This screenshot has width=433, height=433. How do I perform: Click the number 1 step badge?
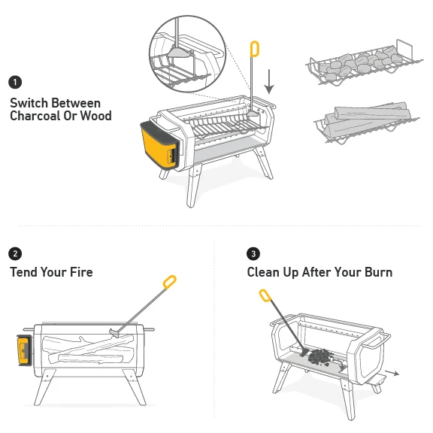coord(15,81)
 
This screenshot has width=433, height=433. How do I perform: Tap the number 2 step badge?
coord(15,253)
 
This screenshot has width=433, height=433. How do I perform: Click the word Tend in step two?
coord(26,271)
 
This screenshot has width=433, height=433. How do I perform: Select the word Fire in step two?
coord(78,271)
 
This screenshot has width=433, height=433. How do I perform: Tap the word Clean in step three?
coord(265,271)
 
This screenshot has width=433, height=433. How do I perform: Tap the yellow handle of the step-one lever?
coord(254,49)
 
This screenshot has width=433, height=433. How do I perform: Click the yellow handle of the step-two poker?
coord(169,283)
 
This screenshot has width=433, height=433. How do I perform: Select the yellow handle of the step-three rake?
coord(265,295)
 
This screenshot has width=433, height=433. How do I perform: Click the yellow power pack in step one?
coord(157,144)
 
